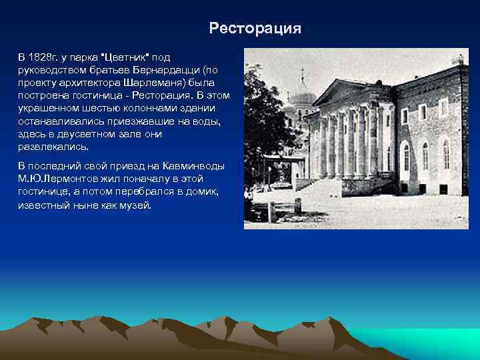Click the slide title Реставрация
(x=255, y=29)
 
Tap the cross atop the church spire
(x=303, y=72)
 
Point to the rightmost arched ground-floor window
(x=446, y=155)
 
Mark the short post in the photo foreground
(x=271, y=212)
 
